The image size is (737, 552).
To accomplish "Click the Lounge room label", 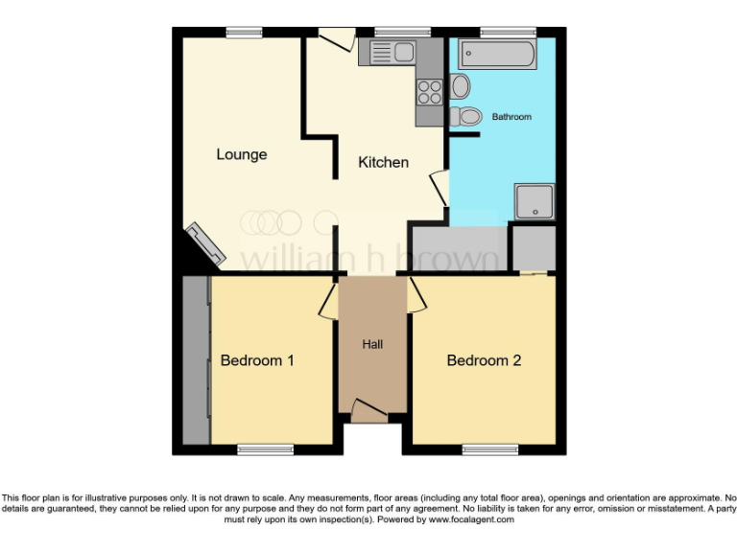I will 241,154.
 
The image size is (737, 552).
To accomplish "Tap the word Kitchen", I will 383,162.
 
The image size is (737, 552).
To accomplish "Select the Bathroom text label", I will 511,117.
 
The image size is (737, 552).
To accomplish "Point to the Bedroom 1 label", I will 257,360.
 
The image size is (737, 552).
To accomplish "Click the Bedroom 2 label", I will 484,360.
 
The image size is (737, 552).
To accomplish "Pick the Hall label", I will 373,344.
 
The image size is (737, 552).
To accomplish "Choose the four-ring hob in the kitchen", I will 429,92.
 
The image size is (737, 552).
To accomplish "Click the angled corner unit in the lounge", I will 205,244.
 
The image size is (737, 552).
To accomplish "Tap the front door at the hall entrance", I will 369,409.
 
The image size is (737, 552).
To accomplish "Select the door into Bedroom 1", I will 327,297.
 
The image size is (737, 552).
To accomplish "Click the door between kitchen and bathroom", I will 440,186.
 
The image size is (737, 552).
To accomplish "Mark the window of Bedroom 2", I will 490,448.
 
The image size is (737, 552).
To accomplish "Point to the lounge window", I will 245,33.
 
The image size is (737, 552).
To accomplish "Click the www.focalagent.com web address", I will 470,520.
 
